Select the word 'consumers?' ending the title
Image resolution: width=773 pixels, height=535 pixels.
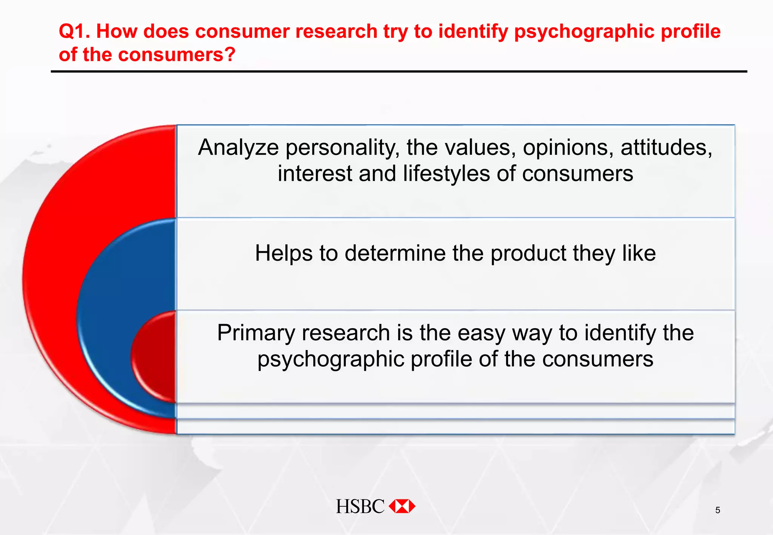point(177,55)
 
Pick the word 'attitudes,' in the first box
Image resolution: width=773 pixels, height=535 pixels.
point(667,148)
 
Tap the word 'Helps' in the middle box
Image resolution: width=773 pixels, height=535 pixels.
point(283,253)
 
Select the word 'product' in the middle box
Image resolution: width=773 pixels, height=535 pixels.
point(528,253)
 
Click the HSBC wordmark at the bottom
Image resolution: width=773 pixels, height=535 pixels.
point(360,506)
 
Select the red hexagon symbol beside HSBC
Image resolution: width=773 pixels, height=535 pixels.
point(402,506)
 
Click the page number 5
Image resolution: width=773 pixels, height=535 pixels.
point(718,510)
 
